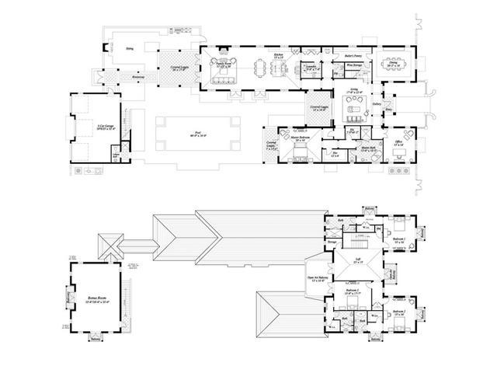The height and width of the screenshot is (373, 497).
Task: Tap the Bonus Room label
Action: coord(96,299)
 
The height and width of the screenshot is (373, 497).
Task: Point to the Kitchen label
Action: coord(279,55)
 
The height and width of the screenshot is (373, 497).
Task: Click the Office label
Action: coord(398,142)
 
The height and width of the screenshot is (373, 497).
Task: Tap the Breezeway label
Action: coord(137,77)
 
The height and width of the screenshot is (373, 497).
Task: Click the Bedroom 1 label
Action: coord(399,240)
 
